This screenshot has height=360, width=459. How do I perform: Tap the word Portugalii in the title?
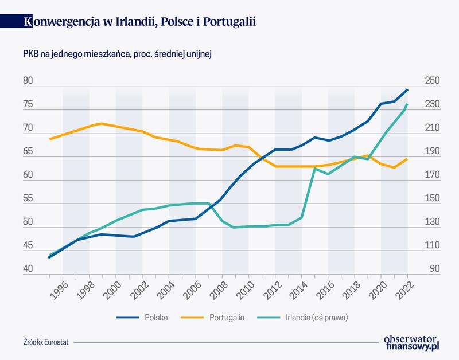pos(225,21)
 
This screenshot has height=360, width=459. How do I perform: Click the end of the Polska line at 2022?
pos(407,89)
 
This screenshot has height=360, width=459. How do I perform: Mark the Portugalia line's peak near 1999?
pos(102,123)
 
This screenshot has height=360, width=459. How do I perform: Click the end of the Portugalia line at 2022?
pos(407,159)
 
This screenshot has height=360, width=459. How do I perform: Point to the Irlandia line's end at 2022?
pos(407,104)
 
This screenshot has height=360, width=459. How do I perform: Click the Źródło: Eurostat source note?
pos(45,344)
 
